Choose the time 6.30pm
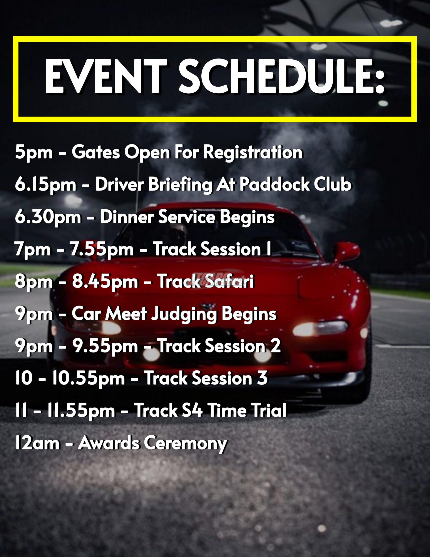pos(48,217)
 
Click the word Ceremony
pos(185,444)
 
